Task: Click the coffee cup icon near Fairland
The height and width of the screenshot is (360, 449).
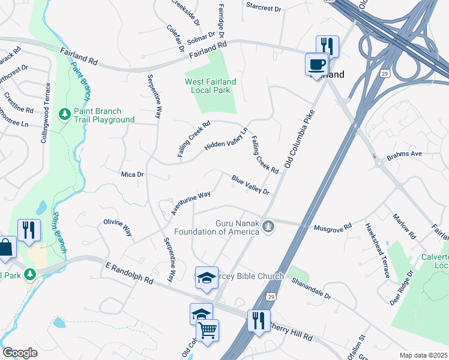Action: coord(316,64)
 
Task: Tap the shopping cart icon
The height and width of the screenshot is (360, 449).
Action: coord(207,329)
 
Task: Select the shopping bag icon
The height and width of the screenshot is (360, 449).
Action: coord(5,247)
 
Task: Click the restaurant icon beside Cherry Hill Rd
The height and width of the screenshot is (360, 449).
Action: coord(259,320)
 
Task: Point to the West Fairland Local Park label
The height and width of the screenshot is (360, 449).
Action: coord(209,85)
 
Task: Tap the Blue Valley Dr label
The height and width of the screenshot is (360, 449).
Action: coord(251,185)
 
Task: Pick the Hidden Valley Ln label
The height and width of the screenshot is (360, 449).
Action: coord(226,140)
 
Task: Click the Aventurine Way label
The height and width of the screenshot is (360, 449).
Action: coord(190,203)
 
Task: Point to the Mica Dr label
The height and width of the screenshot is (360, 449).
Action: coord(133,175)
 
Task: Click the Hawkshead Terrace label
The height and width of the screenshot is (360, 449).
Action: coord(377,250)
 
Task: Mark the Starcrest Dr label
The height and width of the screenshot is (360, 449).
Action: coord(264,8)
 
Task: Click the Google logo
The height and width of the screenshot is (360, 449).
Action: coord(20,352)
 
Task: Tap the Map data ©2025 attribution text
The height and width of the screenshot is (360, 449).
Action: coord(423,355)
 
